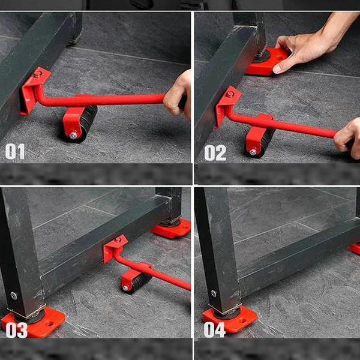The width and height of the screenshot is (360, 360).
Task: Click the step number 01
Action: tap(15, 152)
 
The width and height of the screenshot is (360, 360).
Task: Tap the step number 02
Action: tap(215, 153)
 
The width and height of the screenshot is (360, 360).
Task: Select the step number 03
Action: tap(16, 330)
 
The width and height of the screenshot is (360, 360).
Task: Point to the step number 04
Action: tap(214, 329)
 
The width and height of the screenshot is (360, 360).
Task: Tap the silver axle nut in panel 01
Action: tap(73, 136)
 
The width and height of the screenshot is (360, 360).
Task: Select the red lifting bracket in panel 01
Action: tap(34, 89)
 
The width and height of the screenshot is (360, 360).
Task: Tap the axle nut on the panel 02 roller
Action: tap(253, 152)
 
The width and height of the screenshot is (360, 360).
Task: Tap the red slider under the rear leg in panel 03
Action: tap(171, 229)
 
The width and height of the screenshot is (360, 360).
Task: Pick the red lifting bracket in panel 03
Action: tap(115, 248)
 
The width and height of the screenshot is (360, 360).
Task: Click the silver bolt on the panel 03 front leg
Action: tap(14, 296)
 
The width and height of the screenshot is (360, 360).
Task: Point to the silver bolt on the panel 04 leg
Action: tap(214, 293)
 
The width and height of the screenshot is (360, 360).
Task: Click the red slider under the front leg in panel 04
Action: tap(230, 318)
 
